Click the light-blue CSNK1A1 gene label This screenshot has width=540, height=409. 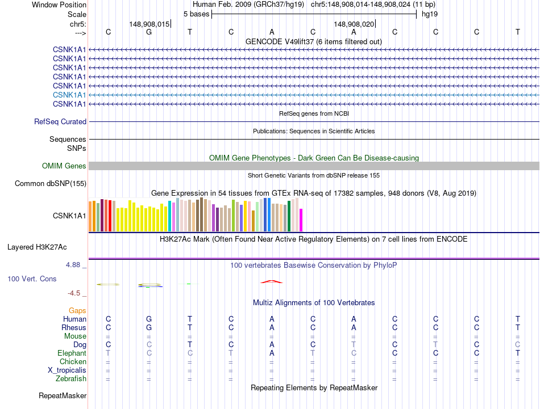pyautogui.click(x=69, y=95)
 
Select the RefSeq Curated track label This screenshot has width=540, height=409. pyautogui.click(x=60, y=121)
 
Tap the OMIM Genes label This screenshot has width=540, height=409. pyautogui.click(x=64, y=166)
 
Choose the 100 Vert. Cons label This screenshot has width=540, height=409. pyautogui.click(x=32, y=279)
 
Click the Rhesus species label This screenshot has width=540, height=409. pyautogui.click(x=74, y=327)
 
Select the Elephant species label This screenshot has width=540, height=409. pyautogui.click(x=72, y=353)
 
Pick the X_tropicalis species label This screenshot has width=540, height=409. pyautogui.click(x=67, y=370)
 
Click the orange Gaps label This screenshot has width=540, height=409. pyautogui.click(x=77, y=310)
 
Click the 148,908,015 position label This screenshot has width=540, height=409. pyautogui.click(x=149, y=24)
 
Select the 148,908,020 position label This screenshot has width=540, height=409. pyautogui.click(x=354, y=24)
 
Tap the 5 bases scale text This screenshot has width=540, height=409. pyautogui.click(x=196, y=14)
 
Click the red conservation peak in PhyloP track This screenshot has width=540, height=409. pyautogui.click(x=272, y=281)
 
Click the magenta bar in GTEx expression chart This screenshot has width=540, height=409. pyautogui.click(x=301, y=220)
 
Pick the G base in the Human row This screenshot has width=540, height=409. pyautogui.click(x=149, y=319)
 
